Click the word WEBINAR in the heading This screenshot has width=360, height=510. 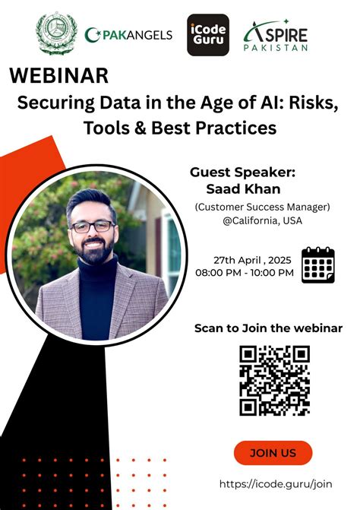point(59,76)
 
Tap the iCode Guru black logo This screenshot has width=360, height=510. point(208,35)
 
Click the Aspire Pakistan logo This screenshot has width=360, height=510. point(276,35)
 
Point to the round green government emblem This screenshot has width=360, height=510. point(57,33)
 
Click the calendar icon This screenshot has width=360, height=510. point(318,265)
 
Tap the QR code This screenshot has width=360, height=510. point(274,380)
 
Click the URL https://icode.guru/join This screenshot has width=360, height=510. point(276,483)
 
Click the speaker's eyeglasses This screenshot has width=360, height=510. point(92,226)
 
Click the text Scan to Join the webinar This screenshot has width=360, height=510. point(268,328)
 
